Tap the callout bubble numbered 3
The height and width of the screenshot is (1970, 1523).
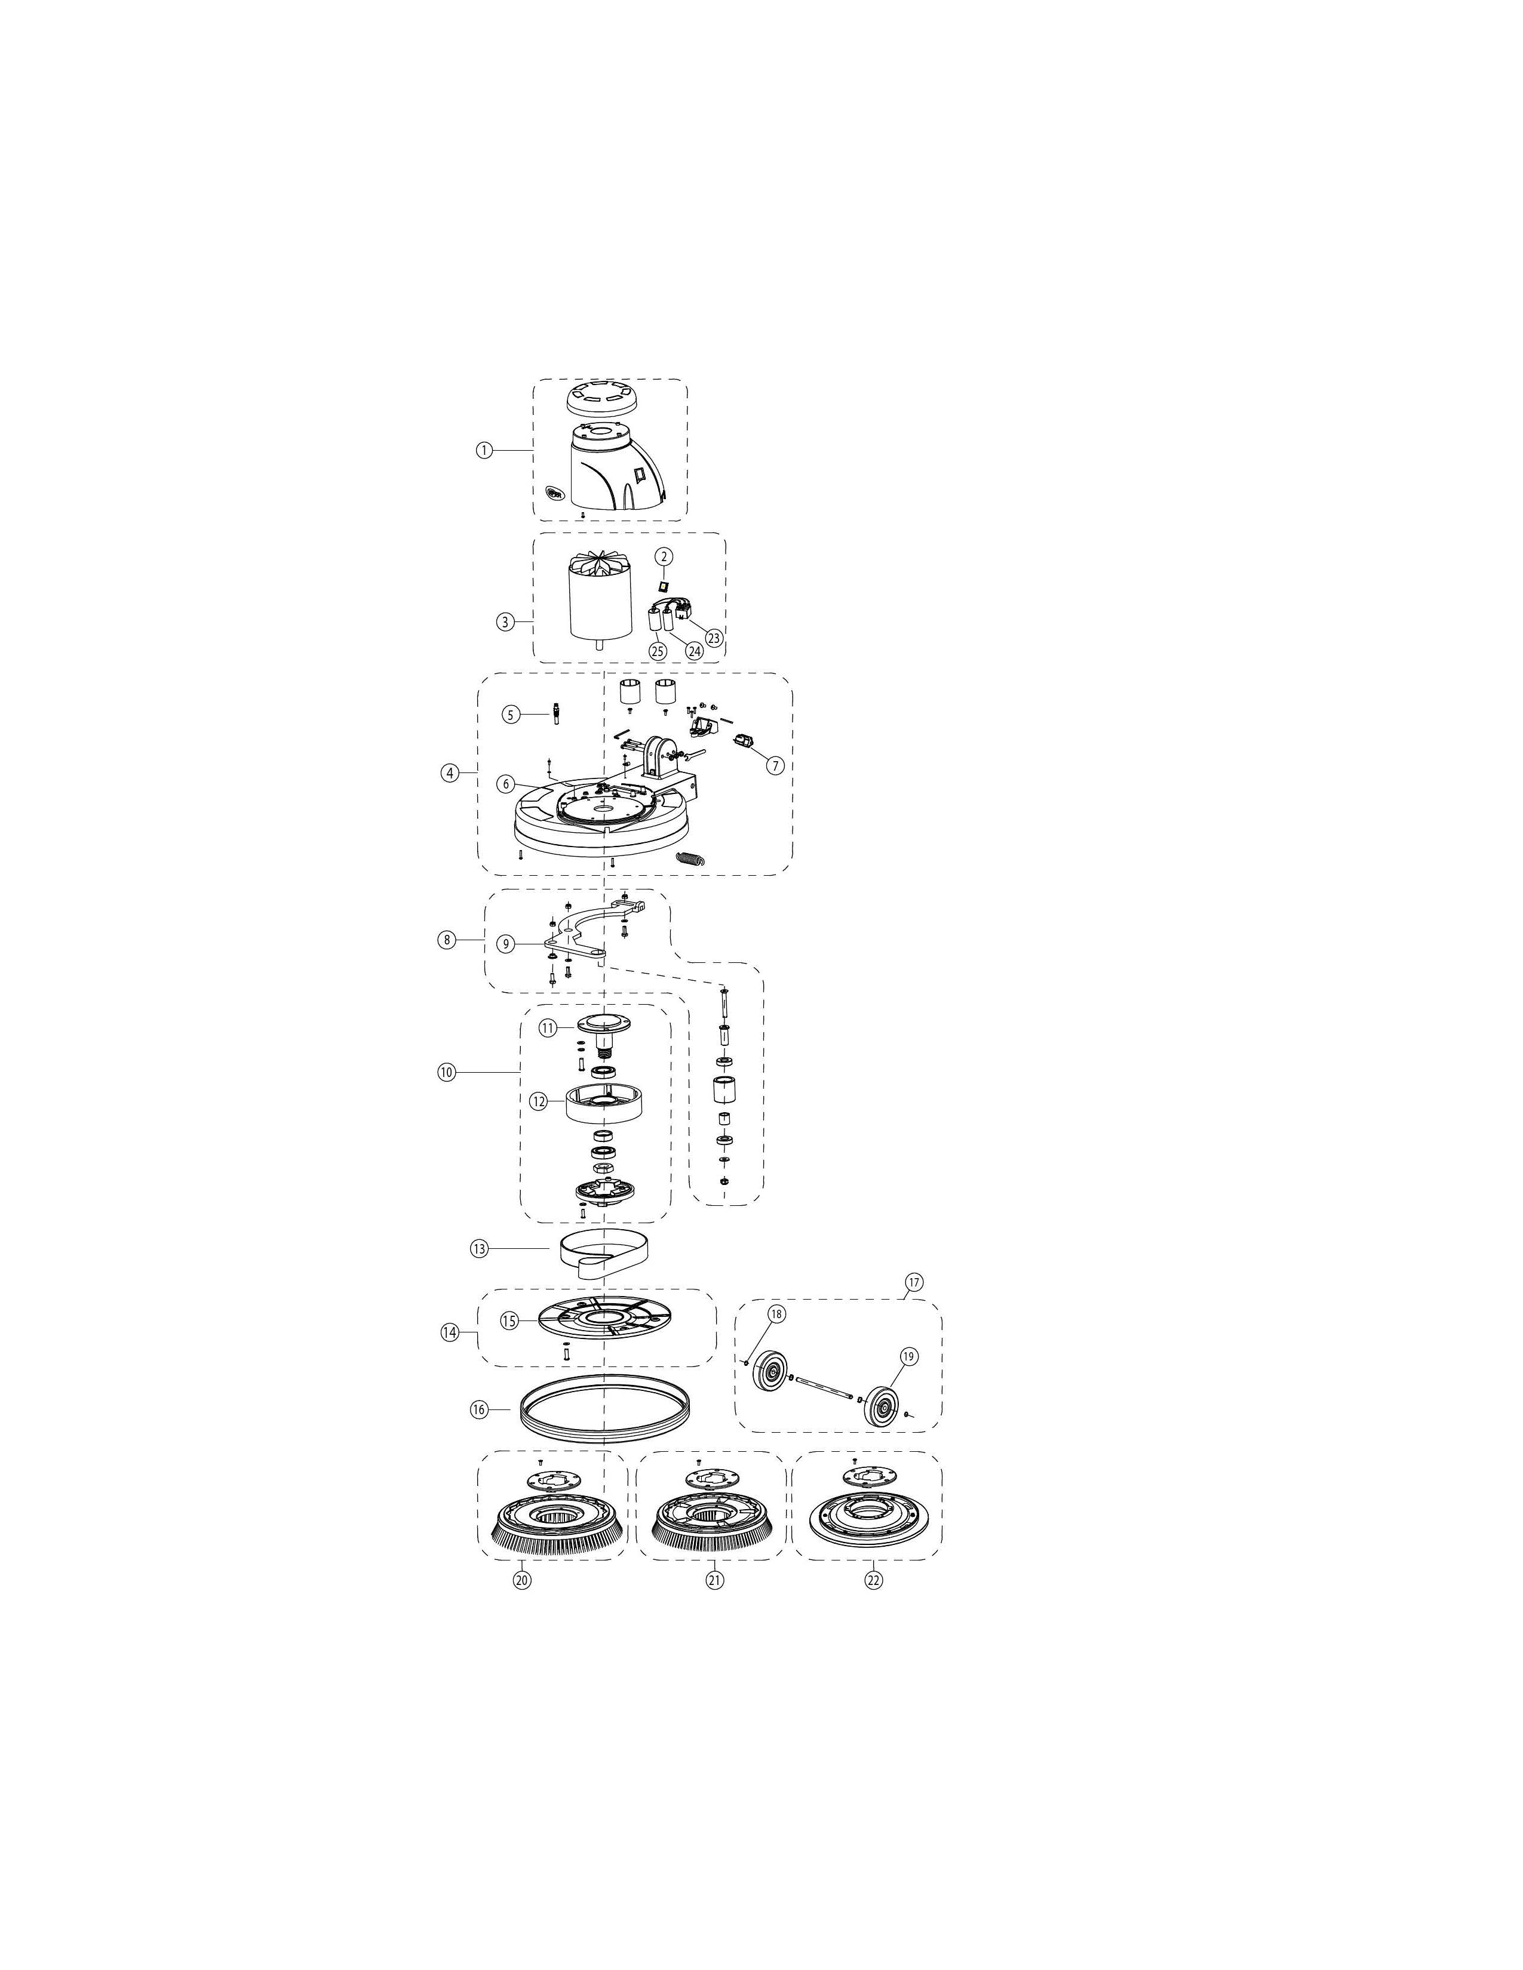[x=505, y=621]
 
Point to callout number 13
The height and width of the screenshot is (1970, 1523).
[x=478, y=1248]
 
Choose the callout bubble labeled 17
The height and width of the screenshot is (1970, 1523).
[x=915, y=1282]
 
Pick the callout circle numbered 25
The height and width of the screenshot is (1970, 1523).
[x=658, y=650]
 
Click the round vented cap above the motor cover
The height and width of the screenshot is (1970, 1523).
[x=597, y=397]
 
